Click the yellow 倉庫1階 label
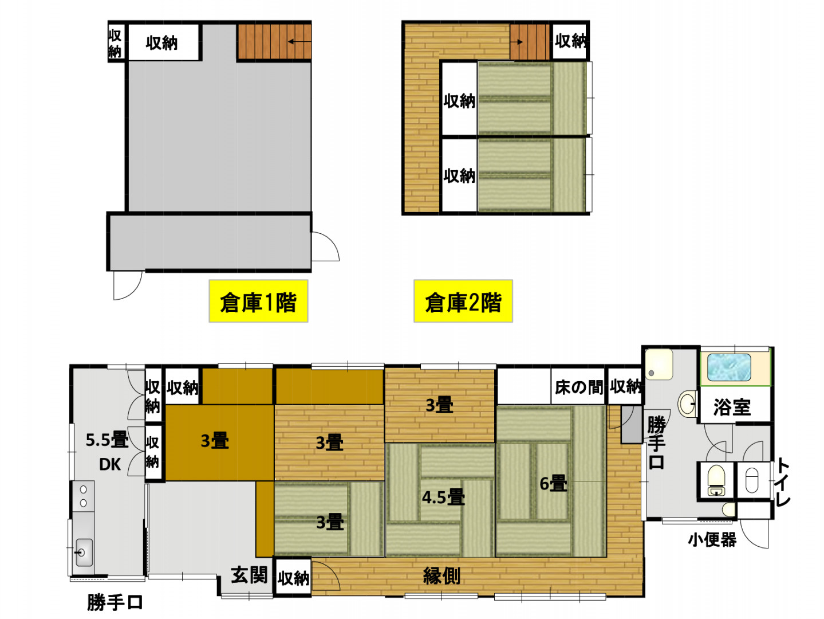pos(258,301)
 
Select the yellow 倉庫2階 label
pos(463,301)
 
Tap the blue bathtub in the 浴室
pos(729,367)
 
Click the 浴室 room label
pos(732,408)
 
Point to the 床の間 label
pos(578,387)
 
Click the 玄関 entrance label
pos(249,575)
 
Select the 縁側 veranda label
pos(441,576)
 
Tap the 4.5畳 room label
pos(443,497)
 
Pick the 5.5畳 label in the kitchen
pos(107,440)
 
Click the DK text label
pos(109,465)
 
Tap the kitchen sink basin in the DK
pos(84,552)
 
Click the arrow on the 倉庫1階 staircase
pos(299,41)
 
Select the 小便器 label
pos(712,540)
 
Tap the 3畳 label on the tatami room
pos(330,522)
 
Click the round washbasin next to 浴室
pos(687,404)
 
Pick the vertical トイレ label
pos(783,482)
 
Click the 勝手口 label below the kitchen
pos(115,602)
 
